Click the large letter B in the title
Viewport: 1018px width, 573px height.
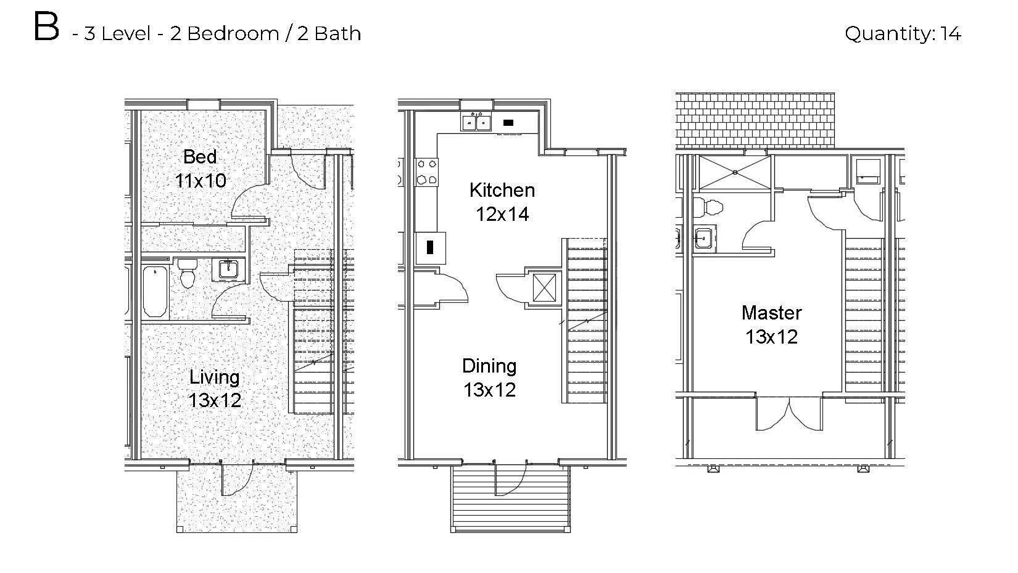(46, 28)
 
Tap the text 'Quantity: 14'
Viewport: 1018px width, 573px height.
(902, 33)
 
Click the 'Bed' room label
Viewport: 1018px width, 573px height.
(200, 157)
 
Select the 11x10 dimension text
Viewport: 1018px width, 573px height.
(200, 181)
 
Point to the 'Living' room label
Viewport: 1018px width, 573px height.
(214, 377)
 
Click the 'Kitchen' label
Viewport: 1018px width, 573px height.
(502, 190)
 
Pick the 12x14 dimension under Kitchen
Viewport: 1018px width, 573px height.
(502, 214)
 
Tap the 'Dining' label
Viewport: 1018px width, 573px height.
(489, 366)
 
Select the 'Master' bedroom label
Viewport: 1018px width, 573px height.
(771, 313)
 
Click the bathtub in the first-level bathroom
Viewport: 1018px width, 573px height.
(155, 290)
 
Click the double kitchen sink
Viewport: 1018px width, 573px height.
(476, 122)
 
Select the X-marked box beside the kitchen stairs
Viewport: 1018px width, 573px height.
(544, 287)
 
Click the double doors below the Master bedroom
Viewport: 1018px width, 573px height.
(788, 414)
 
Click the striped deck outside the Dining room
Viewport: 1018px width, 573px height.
(510, 500)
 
